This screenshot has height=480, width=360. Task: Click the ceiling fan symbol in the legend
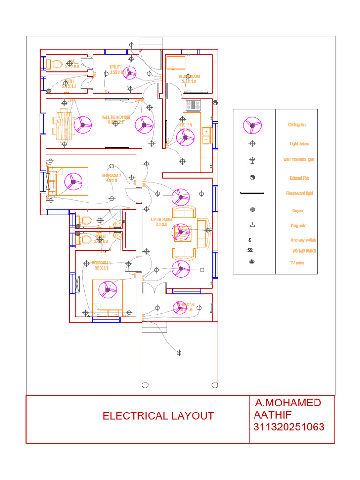pyautogui.click(x=252, y=125)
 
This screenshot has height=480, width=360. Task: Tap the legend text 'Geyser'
pyautogui.click(x=298, y=210)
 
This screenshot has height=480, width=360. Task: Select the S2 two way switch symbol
pyautogui.click(x=250, y=250)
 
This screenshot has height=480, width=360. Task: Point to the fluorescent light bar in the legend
pyautogui.click(x=252, y=193)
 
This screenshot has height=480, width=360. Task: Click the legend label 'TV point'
pyautogui.click(x=297, y=263)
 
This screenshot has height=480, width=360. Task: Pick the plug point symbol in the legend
pyautogui.click(x=252, y=225)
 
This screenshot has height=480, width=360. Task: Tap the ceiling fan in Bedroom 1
pyautogui.click(x=107, y=290)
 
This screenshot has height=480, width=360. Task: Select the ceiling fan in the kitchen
pyautogui.click(x=185, y=137)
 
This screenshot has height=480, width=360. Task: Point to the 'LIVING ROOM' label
pyautogui.click(x=162, y=219)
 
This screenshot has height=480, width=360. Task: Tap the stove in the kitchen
pyautogui.click(x=192, y=105)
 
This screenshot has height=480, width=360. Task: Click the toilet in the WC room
pyautogui.click(x=56, y=64)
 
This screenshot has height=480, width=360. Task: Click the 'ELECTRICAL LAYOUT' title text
pyautogui.click(x=158, y=416)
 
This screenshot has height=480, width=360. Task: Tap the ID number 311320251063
pyautogui.click(x=289, y=427)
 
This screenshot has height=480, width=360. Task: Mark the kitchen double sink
pyautogui.click(x=206, y=135)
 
